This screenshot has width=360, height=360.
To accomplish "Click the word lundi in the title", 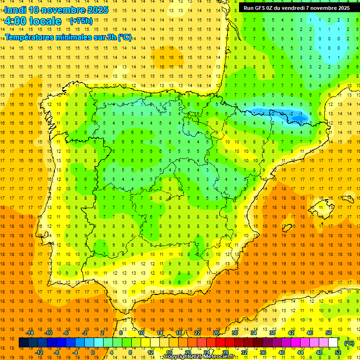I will pos(15,10).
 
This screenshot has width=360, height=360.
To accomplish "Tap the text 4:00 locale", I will pos(32,21).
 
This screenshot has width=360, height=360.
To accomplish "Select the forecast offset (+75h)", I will pos(81,21).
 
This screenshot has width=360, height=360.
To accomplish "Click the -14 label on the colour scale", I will pos(30,332).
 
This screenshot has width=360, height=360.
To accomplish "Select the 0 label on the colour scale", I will pos(93,352).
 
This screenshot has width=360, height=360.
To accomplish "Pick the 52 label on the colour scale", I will pos(338,352).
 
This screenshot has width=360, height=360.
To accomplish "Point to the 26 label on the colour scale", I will pos(216,332).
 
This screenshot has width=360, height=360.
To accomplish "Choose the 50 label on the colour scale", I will pos(328,332).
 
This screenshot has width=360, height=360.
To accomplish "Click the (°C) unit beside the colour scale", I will pos(349,343).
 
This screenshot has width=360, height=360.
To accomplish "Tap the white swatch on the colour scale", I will pos(333,343).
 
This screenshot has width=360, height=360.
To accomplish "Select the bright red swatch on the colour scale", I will pos(220,343).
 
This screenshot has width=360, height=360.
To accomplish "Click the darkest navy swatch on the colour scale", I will pos(23,343).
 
